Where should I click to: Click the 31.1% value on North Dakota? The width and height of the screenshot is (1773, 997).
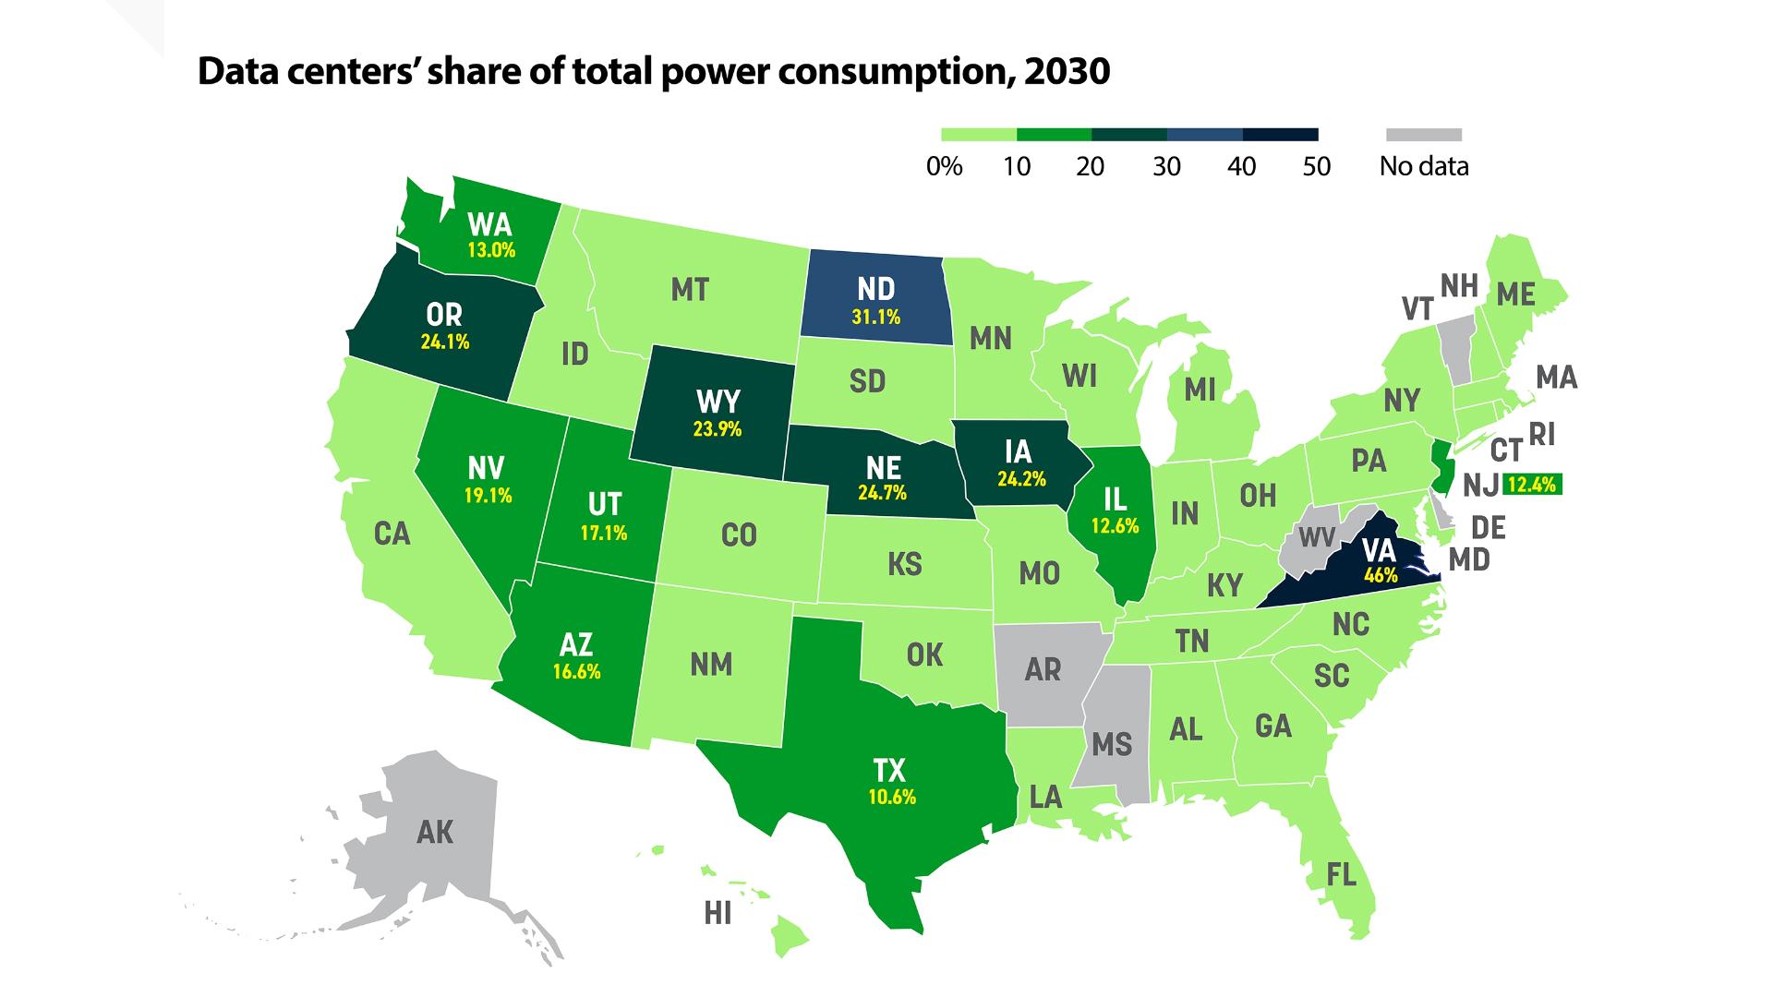tap(875, 318)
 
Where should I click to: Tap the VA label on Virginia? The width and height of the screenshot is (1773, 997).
tap(1379, 551)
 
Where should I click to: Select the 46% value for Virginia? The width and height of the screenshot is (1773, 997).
tap(1381, 576)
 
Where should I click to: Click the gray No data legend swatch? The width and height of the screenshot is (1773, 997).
tap(1423, 135)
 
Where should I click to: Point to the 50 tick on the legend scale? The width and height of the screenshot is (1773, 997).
tap(1317, 166)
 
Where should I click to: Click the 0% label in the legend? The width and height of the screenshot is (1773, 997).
tap(944, 166)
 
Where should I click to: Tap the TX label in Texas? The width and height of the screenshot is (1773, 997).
tap(889, 770)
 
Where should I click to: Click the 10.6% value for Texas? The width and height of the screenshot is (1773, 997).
tap(892, 797)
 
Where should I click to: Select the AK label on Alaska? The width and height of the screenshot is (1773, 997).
tap(435, 833)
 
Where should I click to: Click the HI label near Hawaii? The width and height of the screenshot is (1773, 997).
tap(718, 914)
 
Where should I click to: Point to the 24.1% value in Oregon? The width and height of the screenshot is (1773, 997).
tap(445, 342)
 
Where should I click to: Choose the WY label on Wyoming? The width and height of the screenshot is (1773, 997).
tap(718, 402)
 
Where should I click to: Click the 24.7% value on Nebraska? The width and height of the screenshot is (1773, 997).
tap(882, 493)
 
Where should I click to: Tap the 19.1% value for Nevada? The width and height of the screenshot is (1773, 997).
tap(488, 496)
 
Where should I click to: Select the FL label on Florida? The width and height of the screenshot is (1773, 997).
tap(1341, 873)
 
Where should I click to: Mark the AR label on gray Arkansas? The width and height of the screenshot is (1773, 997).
tap(1043, 669)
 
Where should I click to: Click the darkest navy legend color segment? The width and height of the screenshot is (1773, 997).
tap(1280, 135)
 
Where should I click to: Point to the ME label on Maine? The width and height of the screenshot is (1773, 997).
tap(1515, 294)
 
